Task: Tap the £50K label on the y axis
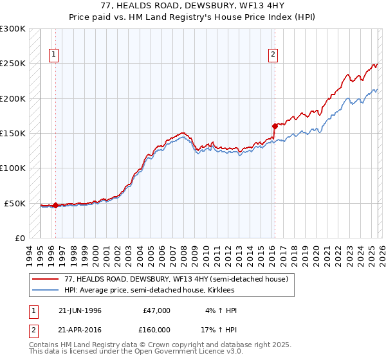(x=15, y=203)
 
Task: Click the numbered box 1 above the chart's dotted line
(x=53, y=55)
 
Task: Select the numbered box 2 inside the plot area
(x=273, y=55)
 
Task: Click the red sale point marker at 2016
(x=275, y=126)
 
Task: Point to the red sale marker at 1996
(x=55, y=206)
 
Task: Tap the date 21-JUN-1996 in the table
(x=80, y=310)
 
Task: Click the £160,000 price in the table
(x=156, y=328)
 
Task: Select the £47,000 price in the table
(x=156, y=310)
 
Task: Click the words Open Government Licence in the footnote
(x=178, y=352)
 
